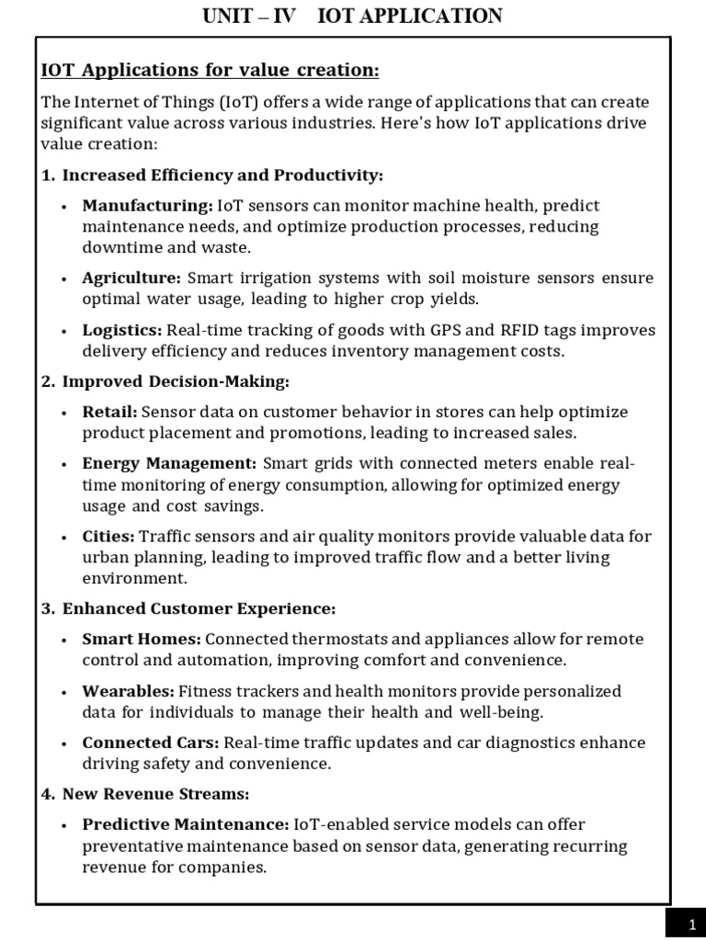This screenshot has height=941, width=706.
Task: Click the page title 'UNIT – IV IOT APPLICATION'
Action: [x=352, y=16]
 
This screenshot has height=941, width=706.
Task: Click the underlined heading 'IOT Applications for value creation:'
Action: [x=197, y=71]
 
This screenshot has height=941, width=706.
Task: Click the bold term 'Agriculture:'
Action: [x=131, y=278]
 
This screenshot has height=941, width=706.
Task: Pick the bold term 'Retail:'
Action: [x=109, y=412]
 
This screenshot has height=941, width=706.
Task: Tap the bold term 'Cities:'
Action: [x=108, y=536]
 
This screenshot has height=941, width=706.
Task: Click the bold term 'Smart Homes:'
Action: [x=142, y=639]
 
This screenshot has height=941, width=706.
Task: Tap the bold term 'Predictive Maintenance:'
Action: [x=186, y=824]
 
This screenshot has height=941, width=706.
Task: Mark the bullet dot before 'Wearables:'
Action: [x=63, y=692]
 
